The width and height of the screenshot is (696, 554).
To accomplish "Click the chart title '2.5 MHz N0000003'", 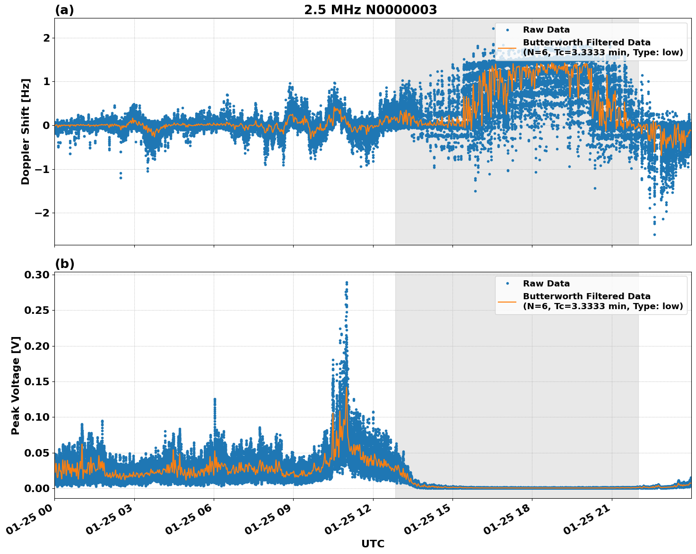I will [370, 10].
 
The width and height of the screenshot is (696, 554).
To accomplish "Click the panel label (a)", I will [64, 10].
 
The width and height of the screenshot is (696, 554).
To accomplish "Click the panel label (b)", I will [64, 264].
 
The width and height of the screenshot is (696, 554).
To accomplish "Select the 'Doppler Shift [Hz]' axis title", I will [26, 131].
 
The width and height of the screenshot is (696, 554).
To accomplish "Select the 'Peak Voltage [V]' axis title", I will [16, 385].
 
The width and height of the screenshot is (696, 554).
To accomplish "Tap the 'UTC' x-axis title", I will [373, 544].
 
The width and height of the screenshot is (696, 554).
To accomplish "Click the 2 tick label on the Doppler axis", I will [46, 38].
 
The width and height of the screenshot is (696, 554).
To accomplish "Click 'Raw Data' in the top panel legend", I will [546, 30].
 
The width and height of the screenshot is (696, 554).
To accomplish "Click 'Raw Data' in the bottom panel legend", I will [546, 284].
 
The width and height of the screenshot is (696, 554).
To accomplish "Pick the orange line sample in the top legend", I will [507, 48].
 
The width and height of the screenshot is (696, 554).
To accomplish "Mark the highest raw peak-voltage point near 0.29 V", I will [347, 283].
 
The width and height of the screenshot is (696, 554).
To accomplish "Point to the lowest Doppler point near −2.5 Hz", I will [654, 234].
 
